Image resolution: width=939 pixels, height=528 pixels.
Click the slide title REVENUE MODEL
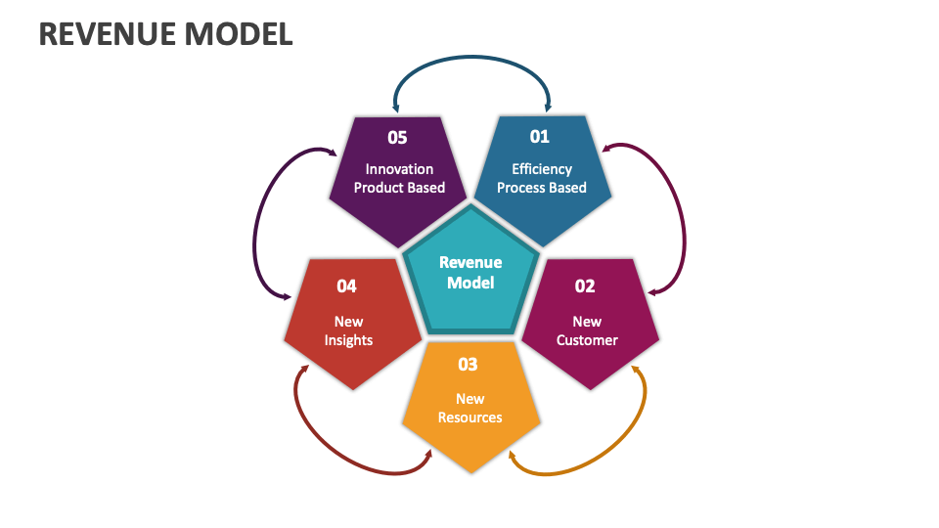pos(165,33)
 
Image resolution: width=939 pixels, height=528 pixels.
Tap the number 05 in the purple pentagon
pos(397,137)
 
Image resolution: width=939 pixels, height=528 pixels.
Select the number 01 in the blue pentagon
pos(540,137)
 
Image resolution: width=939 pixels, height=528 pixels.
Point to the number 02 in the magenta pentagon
pos(585,286)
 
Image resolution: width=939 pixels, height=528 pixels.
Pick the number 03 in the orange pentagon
pos(469,365)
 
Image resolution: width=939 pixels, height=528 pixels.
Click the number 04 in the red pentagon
pos(347,286)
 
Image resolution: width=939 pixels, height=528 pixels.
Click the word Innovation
pos(399,168)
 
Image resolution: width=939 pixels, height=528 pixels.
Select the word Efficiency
pos(542,168)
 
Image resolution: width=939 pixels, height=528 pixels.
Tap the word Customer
pos(587,340)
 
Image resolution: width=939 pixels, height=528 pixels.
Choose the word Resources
pos(470,418)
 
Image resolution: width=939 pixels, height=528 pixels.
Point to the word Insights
pos(348,340)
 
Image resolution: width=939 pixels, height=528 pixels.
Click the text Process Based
pos(542,188)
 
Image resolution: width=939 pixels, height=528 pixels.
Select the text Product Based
pos(399,188)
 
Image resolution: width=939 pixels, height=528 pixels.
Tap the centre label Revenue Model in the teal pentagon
pos(470,273)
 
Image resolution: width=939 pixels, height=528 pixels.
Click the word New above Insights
pos(348,322)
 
